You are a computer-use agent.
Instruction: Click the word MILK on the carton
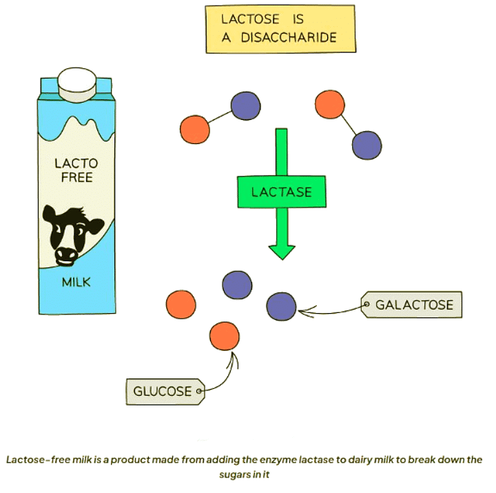[x=76, y=282]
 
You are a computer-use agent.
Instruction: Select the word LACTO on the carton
[x=76, y=163]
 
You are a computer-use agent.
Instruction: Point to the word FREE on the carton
[x=76, y=179]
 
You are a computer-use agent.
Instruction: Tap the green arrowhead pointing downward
[x=281, y=250]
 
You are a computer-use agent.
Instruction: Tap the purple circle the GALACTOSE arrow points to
[x=280, y=307]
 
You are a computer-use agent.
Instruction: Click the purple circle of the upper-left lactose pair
[x=246, y=105]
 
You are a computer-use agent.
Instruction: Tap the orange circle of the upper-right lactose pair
[x=330, y=104]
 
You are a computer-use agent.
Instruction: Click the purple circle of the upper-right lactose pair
[x=366, y=145]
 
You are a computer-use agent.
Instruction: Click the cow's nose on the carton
[x=66, y=254]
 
